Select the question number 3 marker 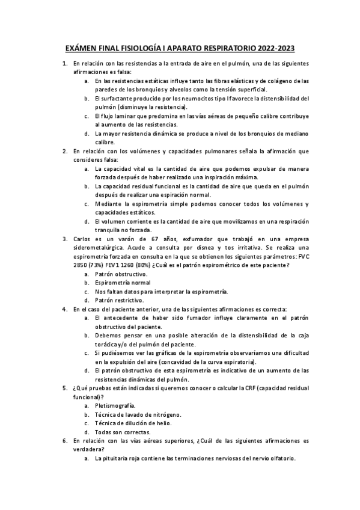[x=65, y=239]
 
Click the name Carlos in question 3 [x=82, y=239]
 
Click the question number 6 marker [x=65, y=441]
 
